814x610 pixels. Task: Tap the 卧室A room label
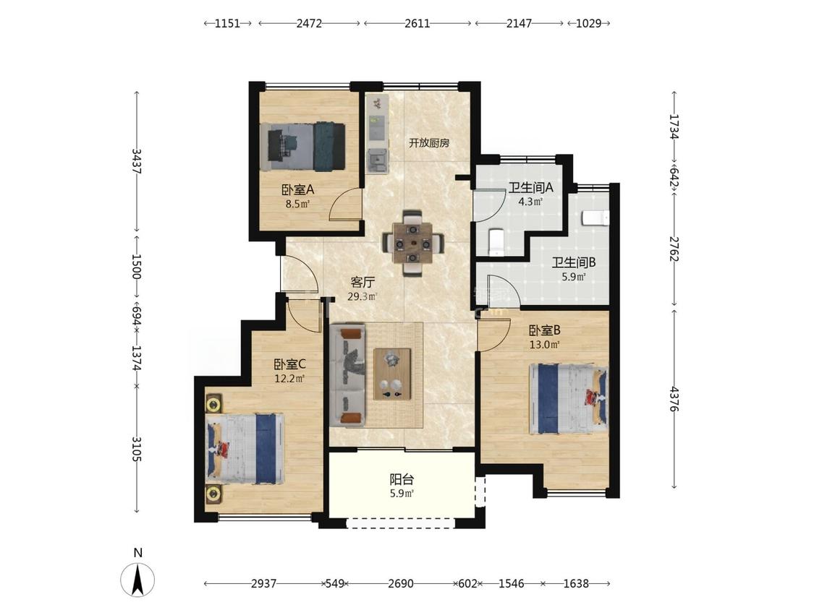click(x=298, y=190)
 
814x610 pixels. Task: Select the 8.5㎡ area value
click(x=298, y=204)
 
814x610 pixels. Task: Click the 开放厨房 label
click(x=429, y=143)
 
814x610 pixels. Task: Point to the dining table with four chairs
click(x=412, y=243)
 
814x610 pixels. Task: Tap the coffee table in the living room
click(x=392, y=374)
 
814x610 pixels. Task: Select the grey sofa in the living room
click(x=348, y=375)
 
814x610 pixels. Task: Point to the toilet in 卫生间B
click(x=595, y=218)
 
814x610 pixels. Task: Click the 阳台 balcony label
click(x=402, y=479)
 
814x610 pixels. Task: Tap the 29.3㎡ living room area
click(x=363, y=297)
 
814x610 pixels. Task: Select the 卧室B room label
click(x=545, y=330)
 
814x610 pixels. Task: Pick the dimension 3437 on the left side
click(x=137, y=161)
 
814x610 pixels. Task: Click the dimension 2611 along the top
click(x=417, y=23)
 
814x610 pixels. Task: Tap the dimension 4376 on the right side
click(x=674, y=399)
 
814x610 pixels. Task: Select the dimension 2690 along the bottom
click(x=401, y=584)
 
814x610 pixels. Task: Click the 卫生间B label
click(x=574, y=263)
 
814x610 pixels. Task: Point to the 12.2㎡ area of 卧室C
click(x=289, y=379)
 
